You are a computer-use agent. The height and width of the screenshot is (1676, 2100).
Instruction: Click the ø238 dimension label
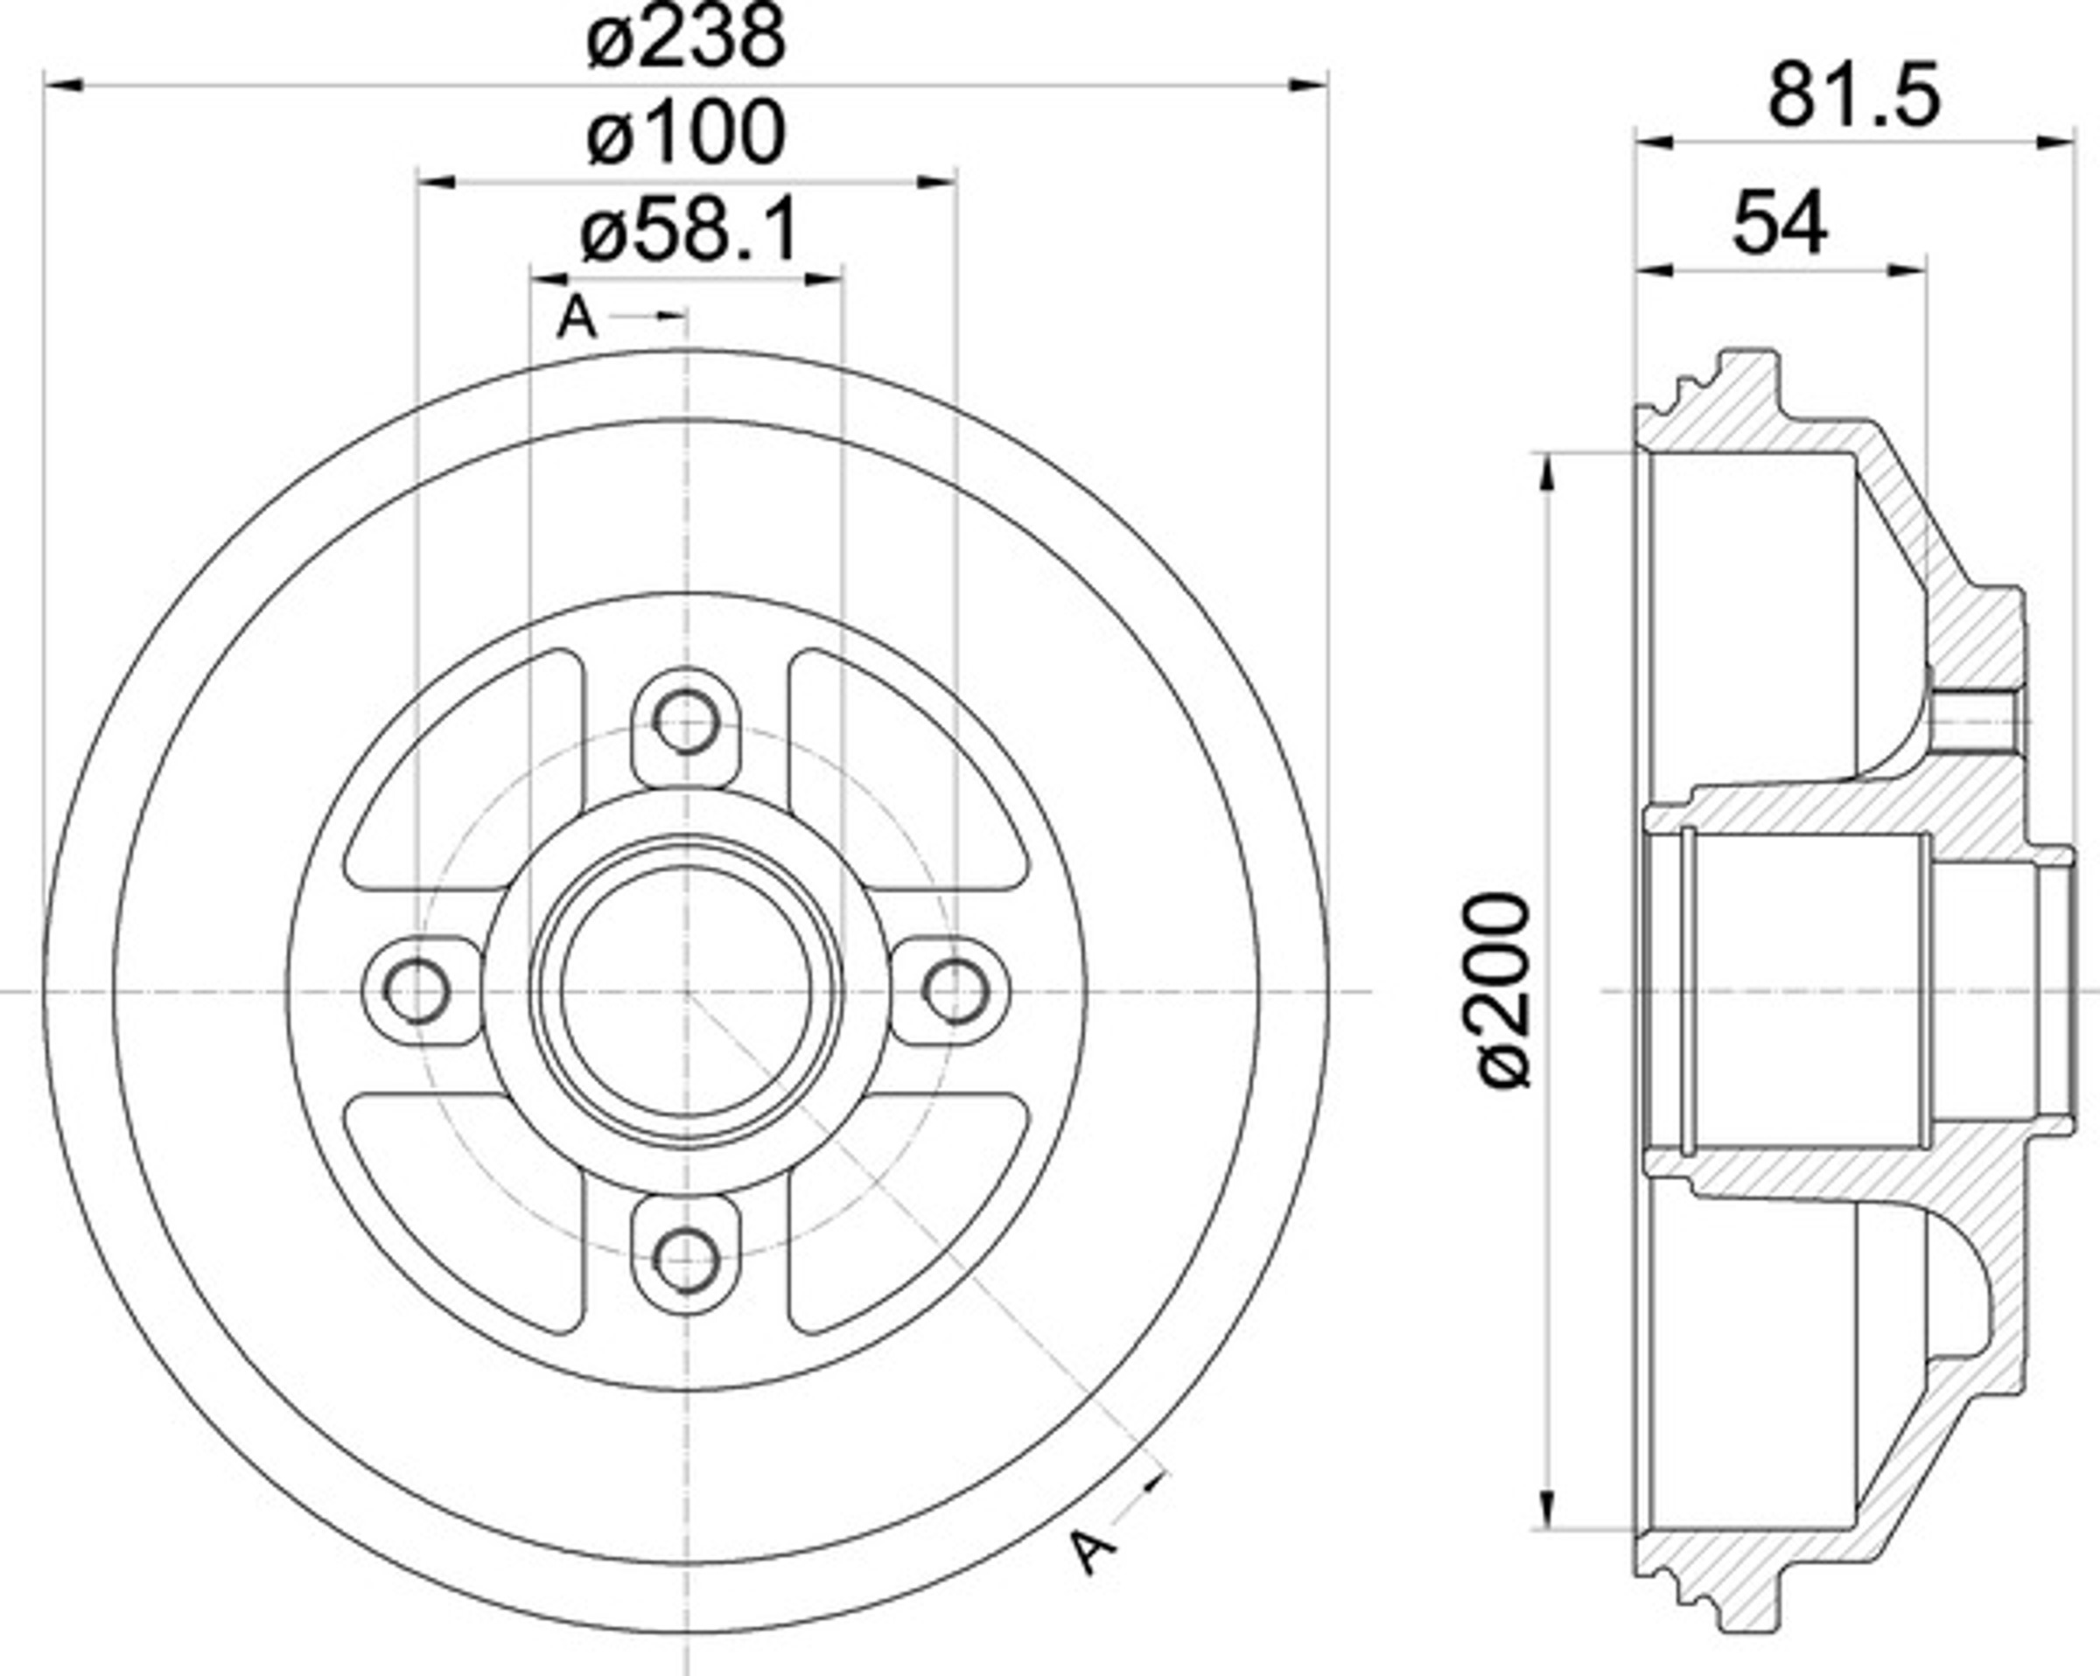(686, 38)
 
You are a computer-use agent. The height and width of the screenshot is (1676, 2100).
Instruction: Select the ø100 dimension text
(686, 134)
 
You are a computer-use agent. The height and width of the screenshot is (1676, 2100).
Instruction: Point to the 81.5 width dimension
(1853, 96)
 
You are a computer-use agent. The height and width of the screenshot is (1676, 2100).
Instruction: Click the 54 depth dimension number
(1780, 223)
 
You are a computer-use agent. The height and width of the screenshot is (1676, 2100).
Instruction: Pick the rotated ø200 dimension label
(1504, 991)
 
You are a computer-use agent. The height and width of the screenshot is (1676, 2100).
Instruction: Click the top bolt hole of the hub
(687, 722)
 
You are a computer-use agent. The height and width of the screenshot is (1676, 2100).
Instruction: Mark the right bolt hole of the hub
(955, 991)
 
